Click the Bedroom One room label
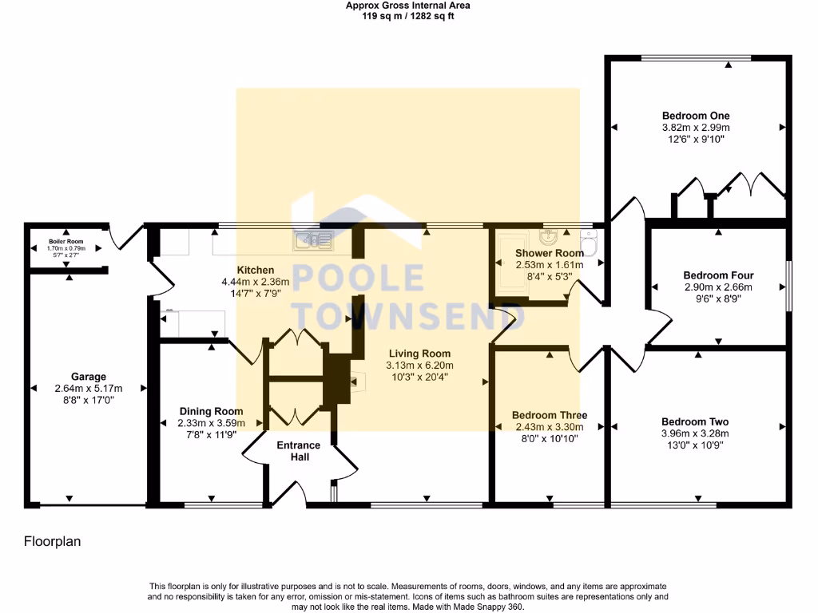pyautogui.click(x=696, y=116)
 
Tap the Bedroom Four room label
pyautogui.click(x=718, y=275)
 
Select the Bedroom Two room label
pyautogui.click(x=695, y=421)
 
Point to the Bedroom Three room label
pyautogui.click(x=550, y=415)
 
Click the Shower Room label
pyautogui.click(x=549, y=253)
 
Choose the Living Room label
pyautogui.click(x=419, y=354)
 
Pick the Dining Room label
pyautogui.click(x=211, y=411)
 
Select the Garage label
pyautogui.click(x=88, y=377)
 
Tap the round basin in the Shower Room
pyautogui.click(x=550, y=237)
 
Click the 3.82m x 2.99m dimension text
pyautogui.click(x=696, y=128)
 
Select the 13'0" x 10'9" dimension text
pyautogui.click(x=695, y=445)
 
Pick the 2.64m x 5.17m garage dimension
pyautogui.click(x=88, y=389)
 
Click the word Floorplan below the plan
pyautogui.click(x=51, y=541)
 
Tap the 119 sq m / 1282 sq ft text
pyautogui.click(x=408, y=15)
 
